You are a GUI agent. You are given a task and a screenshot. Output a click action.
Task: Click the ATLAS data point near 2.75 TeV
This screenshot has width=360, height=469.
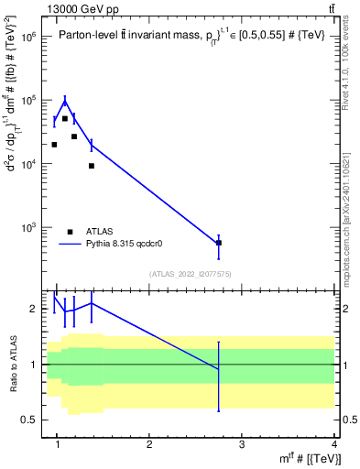tap(218, 243)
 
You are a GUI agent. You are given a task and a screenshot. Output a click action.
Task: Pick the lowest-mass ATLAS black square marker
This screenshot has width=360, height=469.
tap(54, 145)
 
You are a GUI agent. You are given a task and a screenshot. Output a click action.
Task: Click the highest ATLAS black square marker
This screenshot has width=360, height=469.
tap(64, 119)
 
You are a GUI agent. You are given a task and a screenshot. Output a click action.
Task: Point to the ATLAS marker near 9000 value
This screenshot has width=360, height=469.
tap(92, 166)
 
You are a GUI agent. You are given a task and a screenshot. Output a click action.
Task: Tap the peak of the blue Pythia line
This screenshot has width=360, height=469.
tap(65, 100)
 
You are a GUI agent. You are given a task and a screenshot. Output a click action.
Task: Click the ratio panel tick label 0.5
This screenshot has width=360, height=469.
tap(29, 420)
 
